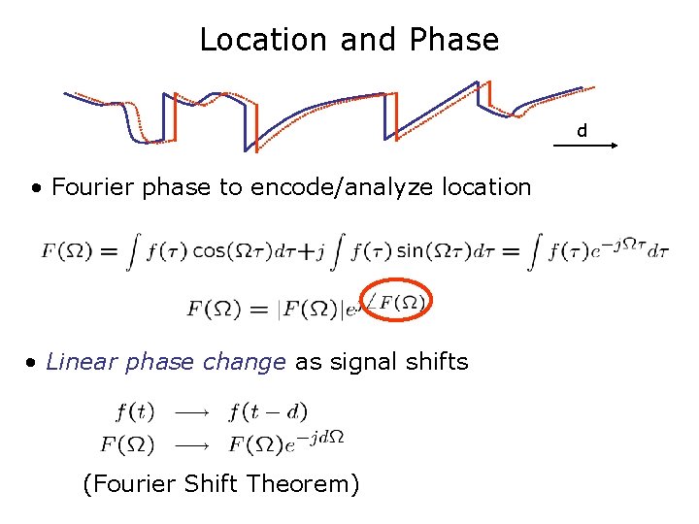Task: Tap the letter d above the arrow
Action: coord(582,130)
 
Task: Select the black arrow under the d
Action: coord(586,145)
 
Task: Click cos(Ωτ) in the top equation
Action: coord(231,251)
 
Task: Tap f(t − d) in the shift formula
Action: coord(268,411)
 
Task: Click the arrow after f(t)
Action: coord(192,412)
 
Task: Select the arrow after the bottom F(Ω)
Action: coord(192,444)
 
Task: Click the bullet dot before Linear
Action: coord(32,364)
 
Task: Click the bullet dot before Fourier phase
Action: coord(36,187)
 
